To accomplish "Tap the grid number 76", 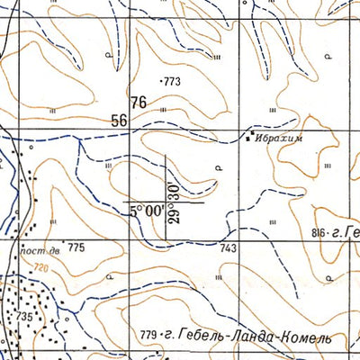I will point(138,103).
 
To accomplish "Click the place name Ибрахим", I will point(282,139).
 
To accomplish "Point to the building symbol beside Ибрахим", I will point(251,138).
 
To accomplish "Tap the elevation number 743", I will point(228,247).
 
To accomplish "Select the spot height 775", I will point(76,247).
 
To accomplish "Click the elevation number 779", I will point(149,337).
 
